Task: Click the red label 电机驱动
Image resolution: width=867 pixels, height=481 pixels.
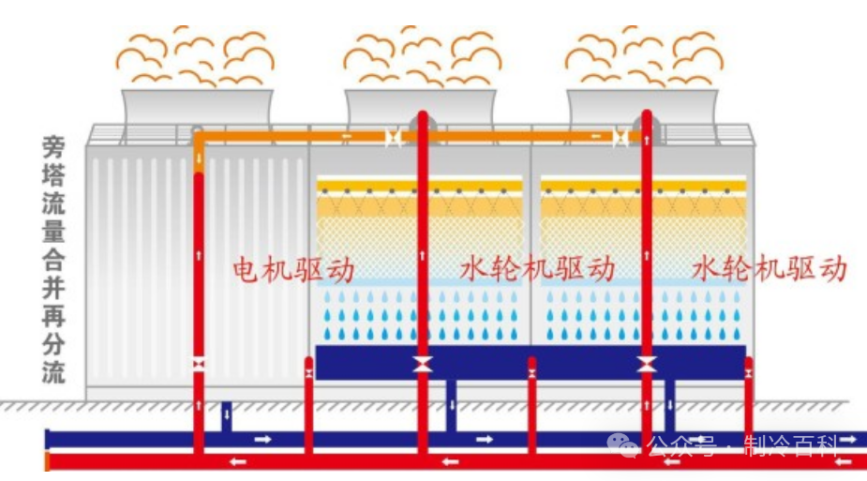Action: pos(293,270)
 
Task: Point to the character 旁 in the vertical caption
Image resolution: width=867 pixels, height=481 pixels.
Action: pos(54,146)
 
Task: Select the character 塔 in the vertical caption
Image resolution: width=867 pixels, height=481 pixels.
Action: pos(54,174)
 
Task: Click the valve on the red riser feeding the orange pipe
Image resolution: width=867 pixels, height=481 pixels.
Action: pos(199,364)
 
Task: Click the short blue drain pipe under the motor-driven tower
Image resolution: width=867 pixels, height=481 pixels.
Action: pos(226,415)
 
